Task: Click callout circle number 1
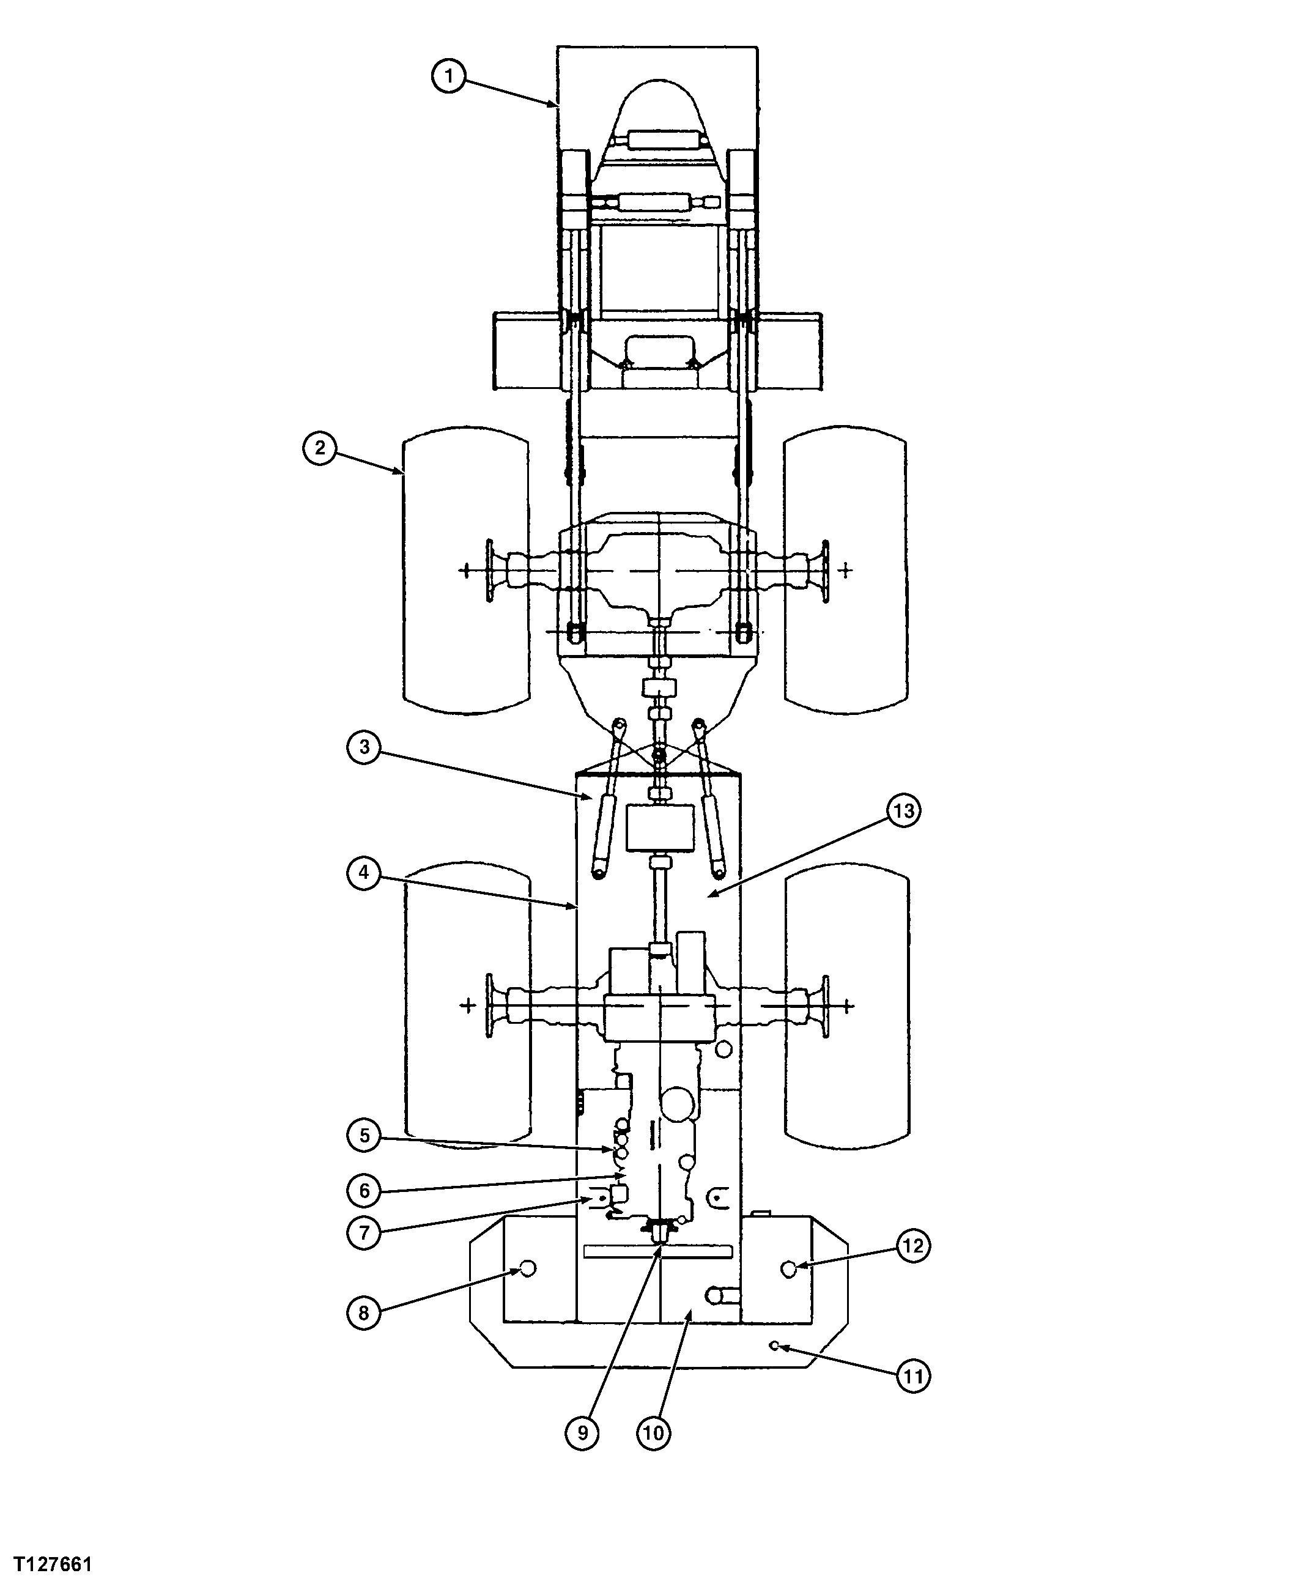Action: coord(449,76)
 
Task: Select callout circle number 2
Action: coord(320,448)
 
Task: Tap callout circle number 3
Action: coord(365,747)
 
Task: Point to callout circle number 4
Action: coord(365,873)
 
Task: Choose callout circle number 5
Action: coord(365,1157)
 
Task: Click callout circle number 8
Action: coord(365,1334)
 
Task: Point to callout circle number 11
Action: coord(912,1377)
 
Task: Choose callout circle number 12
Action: coord(912,1267)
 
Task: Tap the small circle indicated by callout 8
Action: coord(528,1289)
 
